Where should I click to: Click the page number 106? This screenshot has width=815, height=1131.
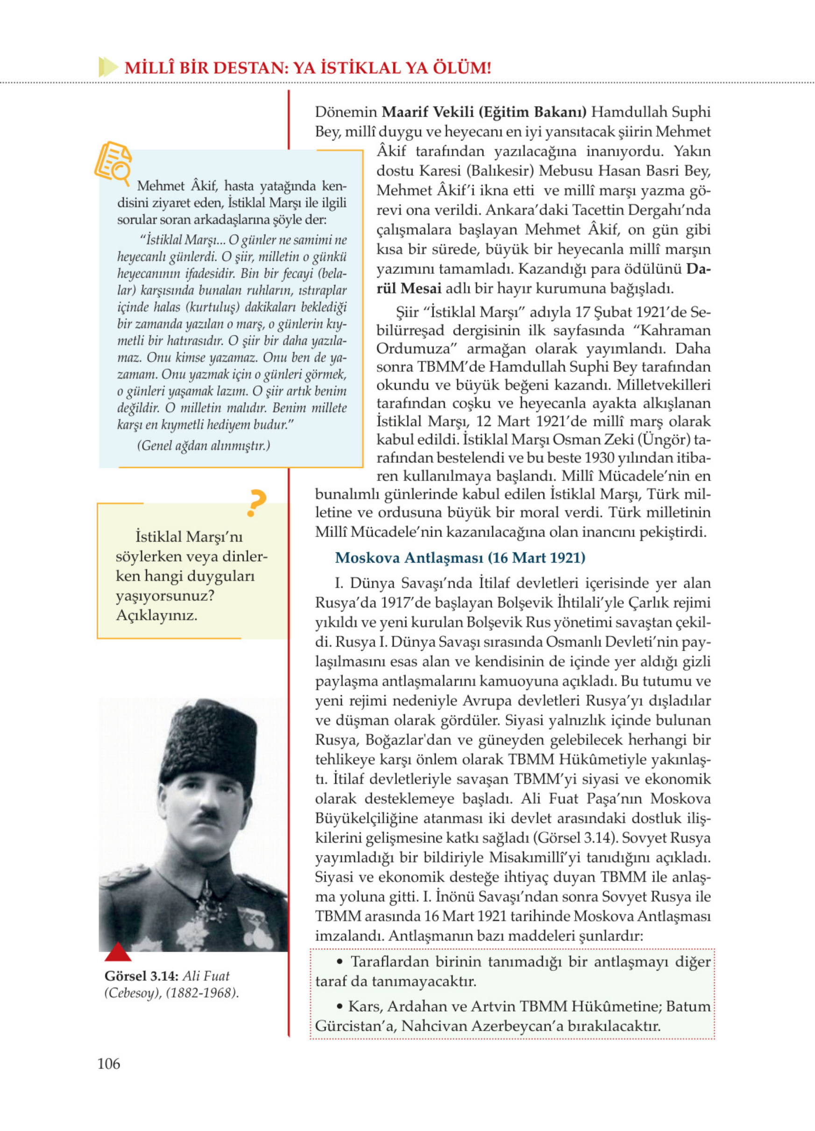point(108,1064)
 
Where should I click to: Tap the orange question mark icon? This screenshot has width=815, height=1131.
point(256,503)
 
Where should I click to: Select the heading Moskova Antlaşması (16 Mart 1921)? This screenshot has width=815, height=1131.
point(460,558)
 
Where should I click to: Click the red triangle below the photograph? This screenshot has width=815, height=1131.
point(118,952)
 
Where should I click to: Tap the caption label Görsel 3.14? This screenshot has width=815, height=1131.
point(140,976)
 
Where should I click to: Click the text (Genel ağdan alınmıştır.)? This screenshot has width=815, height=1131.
point(204,445)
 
